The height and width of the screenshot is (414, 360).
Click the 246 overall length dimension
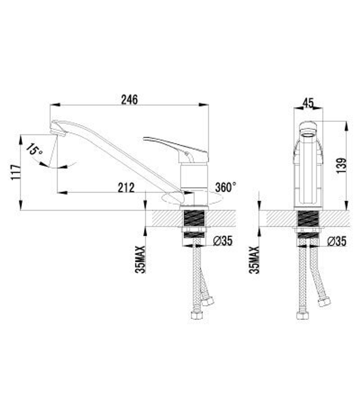(129, 99)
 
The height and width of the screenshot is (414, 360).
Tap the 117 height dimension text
(15, 172)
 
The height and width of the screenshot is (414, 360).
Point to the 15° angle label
(35, 149)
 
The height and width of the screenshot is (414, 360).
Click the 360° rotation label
(226, 187)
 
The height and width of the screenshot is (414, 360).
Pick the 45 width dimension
(308, 103)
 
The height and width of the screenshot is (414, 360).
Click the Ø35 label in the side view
(223, 241)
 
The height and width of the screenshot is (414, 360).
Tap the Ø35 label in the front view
(337, 241)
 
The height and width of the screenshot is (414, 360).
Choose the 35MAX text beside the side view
(140, 259)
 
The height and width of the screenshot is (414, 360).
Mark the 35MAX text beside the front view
(255, 259)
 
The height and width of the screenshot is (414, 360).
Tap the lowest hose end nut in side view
(197, 315)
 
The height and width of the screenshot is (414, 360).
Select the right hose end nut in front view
(324, 302)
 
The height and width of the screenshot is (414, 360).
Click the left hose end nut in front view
(302, 315)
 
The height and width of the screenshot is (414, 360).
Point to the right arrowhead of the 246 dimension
(204, 105)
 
